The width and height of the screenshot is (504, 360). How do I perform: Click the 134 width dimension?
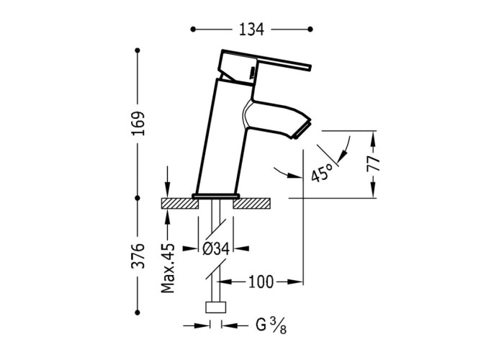[x=251, y=30]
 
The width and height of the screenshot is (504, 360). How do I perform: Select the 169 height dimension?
[x=138, y=124]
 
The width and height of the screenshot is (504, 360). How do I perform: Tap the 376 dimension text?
[x=138, y=256]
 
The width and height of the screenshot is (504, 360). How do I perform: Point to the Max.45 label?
[x=168, y=268]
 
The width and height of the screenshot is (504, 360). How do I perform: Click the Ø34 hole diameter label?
[x=216, y=248]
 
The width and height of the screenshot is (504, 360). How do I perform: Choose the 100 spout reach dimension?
[x=261, y=282]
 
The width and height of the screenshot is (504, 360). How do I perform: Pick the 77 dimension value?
[x=374, y=164]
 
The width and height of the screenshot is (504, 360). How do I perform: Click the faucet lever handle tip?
[x=310, y=66]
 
